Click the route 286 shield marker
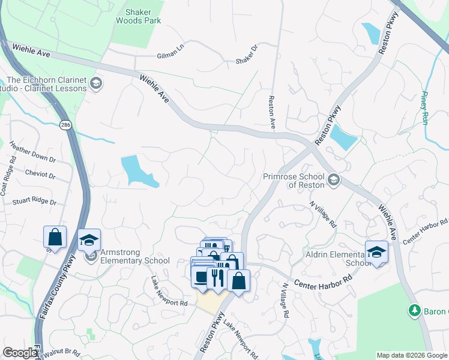(65, 125)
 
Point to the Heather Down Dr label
(32, 153)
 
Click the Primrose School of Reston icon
(333, 179)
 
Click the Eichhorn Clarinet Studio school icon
(96, 83)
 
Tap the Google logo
(20, 353)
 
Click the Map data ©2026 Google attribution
(412, 355)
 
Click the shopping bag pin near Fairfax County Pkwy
(55, 237)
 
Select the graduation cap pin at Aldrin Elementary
(376, 252)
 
